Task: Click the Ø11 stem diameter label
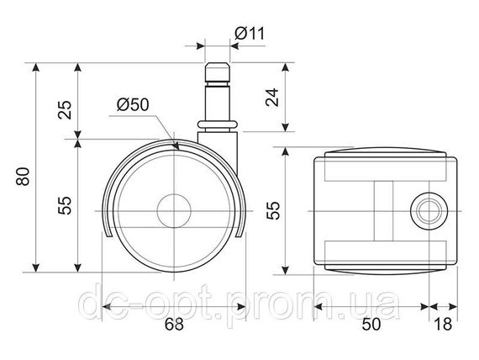pos(250,34)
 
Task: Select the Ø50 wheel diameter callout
pos(133,104)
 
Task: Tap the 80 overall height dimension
pos(24,176)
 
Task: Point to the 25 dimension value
pos(65,110)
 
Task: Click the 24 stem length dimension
pos(272,98)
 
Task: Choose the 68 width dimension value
pos(174,324)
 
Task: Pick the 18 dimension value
pos(443,324)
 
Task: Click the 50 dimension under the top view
pos(371,324)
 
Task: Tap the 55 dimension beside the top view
pos(273,210)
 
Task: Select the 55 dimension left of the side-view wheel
pos(65,205)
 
